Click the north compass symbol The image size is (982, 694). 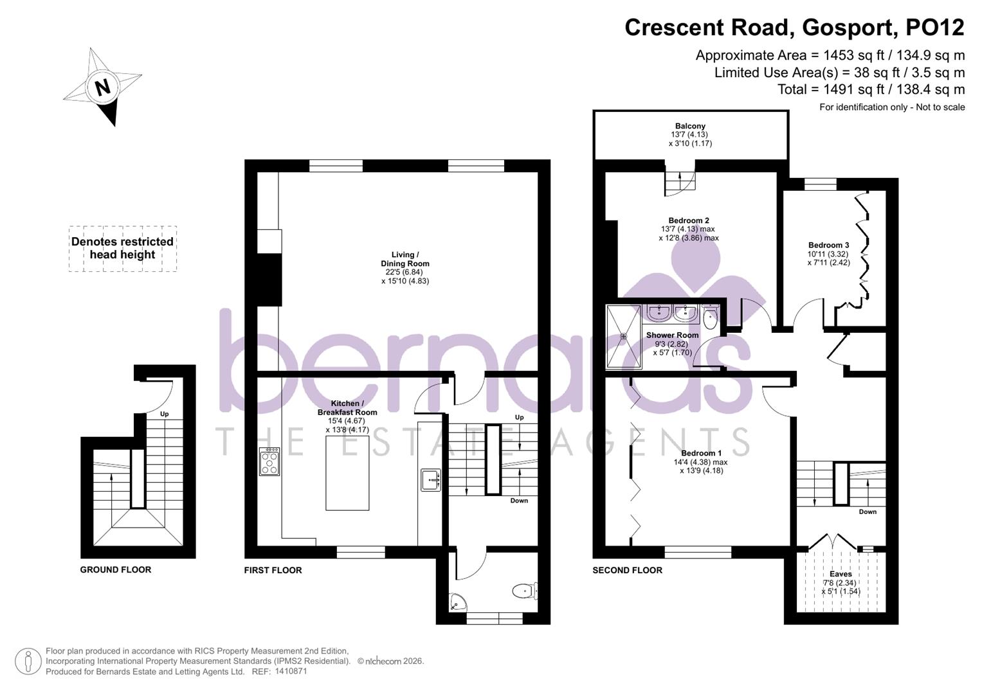pos(104,87)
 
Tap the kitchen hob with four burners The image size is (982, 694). pos(269,461)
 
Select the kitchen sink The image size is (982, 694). pos(431,480)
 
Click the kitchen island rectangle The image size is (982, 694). pos(347,472)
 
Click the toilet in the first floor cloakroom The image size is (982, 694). pos(525,590)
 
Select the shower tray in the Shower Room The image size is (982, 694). pos(624,337)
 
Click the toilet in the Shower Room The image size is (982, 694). pos(711,317)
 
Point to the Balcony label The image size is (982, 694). pos(690,126)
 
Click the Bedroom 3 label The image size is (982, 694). pos(828,245)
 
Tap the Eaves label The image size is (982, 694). pos(841,574)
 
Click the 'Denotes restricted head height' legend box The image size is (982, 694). pos(122,248)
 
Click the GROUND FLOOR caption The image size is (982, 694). pos(116,569)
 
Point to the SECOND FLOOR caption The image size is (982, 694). pos(627,570)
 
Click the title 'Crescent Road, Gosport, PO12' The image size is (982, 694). pos(794,28)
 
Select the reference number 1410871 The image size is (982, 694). pos(291,672)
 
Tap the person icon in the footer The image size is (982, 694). pos(28,661)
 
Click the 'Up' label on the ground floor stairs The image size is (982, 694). pos(165,414)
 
